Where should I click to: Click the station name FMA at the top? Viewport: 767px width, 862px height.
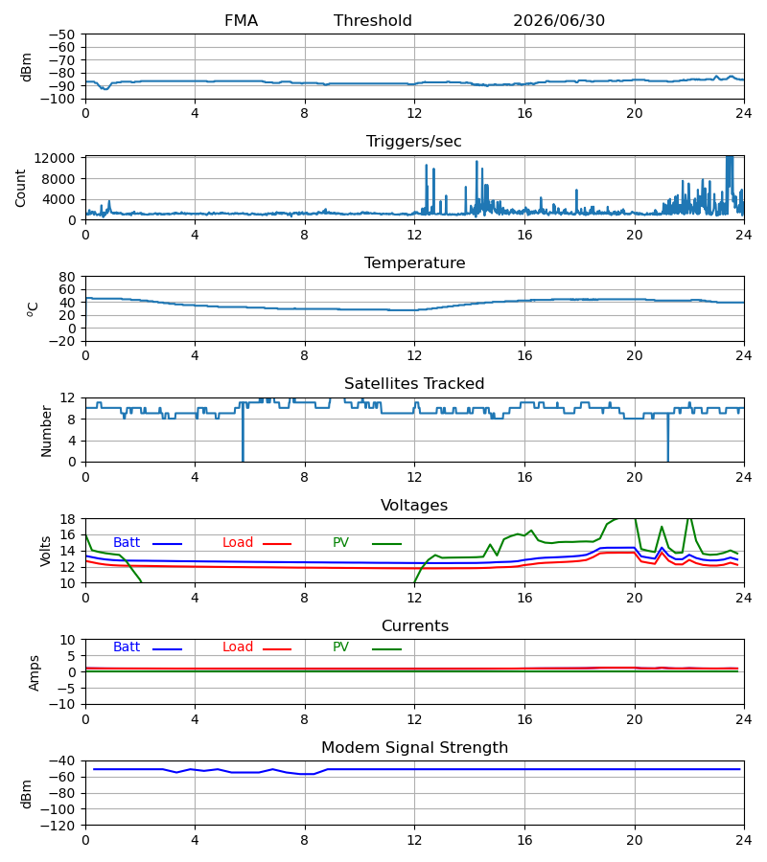pyautogui.click(x=241, y=21)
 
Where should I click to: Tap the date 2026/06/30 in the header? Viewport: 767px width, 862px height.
pyautogui.click(x=559, y=21)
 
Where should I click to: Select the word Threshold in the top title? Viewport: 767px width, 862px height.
pyautogui.click(x=373, y=21)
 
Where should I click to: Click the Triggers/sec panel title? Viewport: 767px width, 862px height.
pyautogui.click(x=414, y=142)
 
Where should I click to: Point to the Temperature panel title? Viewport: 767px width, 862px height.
pyautogui.click(x=414, y=262)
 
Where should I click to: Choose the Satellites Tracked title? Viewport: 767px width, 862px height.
pyautogui.click(x=414, y=384)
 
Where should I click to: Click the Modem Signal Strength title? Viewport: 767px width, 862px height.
pyautogui.click(x=414, y=748)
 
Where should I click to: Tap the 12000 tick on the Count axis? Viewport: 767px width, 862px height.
pyautogui.click(x=54, y=158)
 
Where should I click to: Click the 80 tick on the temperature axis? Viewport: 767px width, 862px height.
pyautogui.click(x=66, y=277)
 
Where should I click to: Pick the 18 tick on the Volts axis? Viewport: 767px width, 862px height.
pyautogui.click(x=66, y=519)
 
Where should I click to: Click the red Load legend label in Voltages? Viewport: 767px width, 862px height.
pyautogui.click(x=238, y=543)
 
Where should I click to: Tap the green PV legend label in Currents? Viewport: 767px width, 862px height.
pyautogui.click(x=340, y=647)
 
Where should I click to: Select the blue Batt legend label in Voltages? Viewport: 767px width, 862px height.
pyautogui.click(x=127, y=543)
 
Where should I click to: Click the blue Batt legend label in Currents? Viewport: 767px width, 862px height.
pyautogui.click(x=127, y=647)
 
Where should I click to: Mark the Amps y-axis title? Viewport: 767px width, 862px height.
pyautogui.click(x=35, y=673)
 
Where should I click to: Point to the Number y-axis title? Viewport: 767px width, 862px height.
pyautogui.click(x=46, y=431)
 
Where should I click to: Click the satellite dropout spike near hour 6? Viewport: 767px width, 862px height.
pyautogui.click(x=243, y=432)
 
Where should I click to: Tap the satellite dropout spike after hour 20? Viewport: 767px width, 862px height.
pyautogui.click(x=668, y=437)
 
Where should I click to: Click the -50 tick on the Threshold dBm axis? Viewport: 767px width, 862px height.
pyautogui.click(x=61, y=34)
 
